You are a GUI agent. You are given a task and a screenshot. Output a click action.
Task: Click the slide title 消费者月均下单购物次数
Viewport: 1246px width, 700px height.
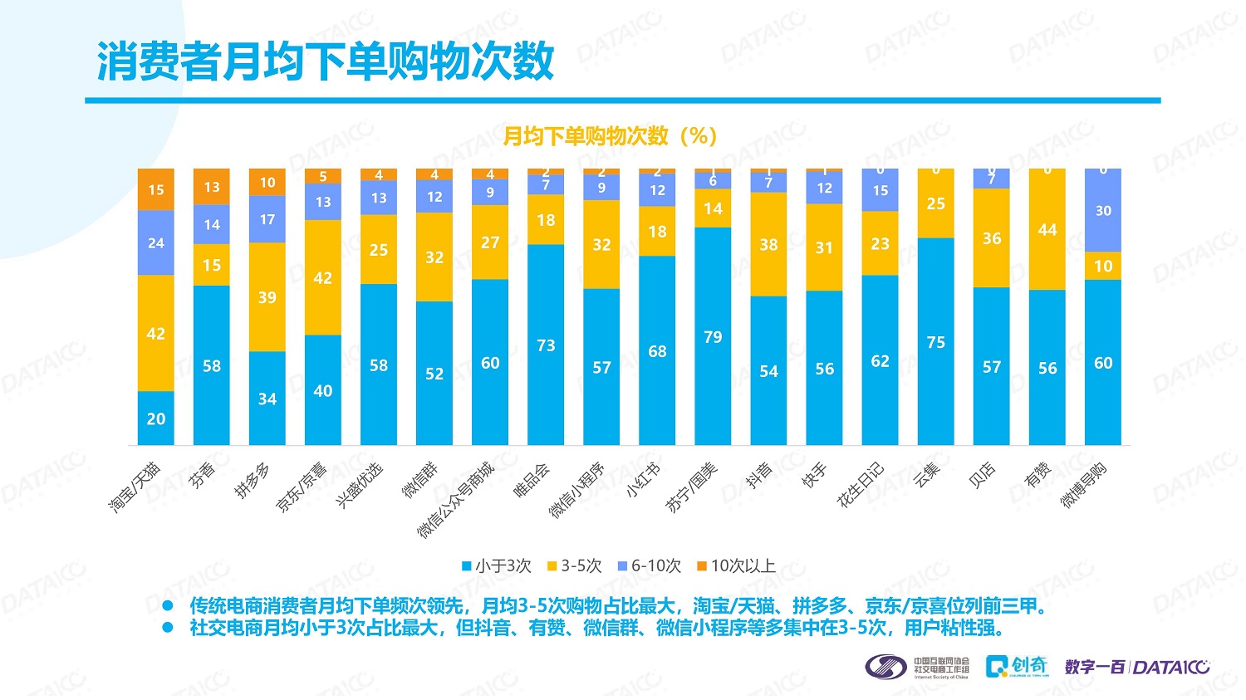[x=326, y=61]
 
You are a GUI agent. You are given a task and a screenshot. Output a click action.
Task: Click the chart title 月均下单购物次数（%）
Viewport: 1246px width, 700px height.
[x=611, y=136]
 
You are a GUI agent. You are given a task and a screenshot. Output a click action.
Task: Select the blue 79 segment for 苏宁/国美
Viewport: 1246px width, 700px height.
[x=713, y=336]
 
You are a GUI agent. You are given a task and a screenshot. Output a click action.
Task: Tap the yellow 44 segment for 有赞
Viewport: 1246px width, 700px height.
[x=1047, y=230]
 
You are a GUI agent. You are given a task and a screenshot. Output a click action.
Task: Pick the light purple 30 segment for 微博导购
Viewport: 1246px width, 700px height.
[x=1102, y=211]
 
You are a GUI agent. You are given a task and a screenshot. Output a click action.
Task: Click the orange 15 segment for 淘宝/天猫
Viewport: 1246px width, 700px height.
[x=156, y=190]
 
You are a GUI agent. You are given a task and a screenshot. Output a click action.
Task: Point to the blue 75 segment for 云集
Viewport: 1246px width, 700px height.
[x=935, y=341]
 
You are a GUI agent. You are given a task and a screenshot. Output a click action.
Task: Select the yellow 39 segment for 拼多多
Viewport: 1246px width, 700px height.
[x=267, y=297]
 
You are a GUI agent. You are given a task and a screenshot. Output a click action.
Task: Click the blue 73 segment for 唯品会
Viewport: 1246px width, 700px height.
[x=546, y=345]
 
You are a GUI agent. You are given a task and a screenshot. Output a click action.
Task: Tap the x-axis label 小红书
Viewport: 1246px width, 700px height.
[x=643, y=479]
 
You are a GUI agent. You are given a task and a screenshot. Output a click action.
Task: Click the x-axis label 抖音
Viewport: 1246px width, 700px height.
[x=758, y=475]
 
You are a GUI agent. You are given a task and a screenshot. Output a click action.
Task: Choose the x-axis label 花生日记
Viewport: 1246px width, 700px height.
[x=861, y=484]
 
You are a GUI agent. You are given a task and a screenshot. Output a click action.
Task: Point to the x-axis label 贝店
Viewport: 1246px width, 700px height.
[x=982, y=475]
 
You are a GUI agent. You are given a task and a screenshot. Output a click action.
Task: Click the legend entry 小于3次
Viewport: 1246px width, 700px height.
[x=497, y=566]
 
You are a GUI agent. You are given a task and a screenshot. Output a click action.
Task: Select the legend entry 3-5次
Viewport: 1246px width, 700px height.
[x=574, y=566]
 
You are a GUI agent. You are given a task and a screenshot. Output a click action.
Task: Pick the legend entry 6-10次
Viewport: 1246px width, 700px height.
[x=649, y=566]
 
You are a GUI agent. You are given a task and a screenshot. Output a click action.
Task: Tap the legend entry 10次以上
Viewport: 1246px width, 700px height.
[x=736, y=566]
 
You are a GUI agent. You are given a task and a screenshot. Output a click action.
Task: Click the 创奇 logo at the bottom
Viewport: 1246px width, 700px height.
[x=1018, y=666]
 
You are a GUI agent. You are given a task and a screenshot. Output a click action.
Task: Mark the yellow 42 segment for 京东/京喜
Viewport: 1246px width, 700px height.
[x=323, y=278]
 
